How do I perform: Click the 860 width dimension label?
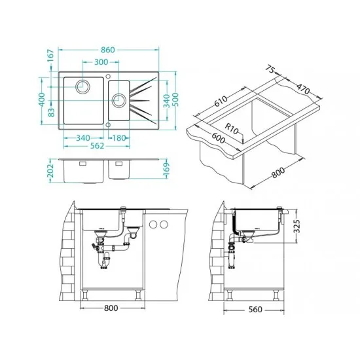108,50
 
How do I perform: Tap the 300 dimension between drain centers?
101,62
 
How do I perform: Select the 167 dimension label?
50,56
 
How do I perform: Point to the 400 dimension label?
42,99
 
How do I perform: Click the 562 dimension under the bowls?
97,146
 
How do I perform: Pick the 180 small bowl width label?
119,138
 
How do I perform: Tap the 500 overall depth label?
175,99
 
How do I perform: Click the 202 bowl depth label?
50,170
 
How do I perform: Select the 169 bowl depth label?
166,170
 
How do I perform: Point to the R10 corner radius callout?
232,129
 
